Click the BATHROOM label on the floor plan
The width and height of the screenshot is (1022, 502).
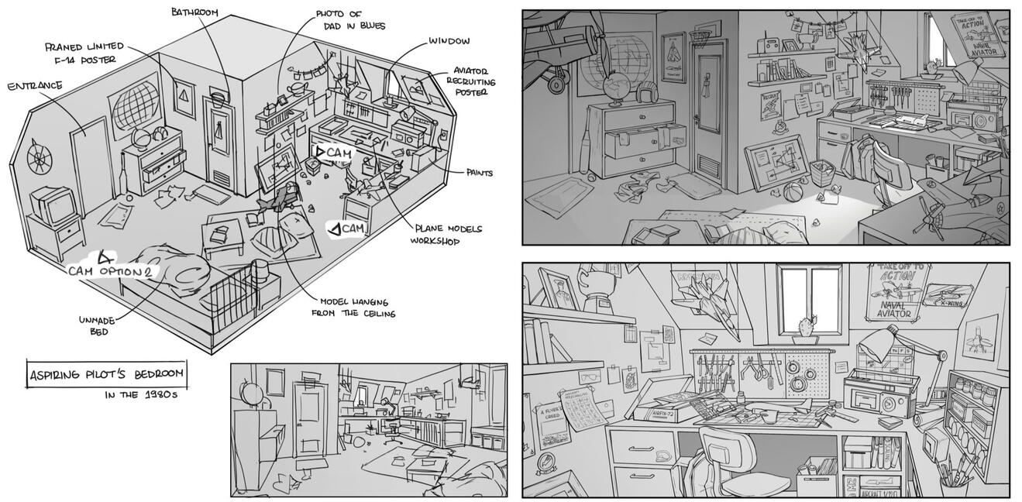[x=194, y=12]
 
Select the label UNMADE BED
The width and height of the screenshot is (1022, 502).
[x=98, y=325]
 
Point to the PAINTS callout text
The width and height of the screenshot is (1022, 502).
[x=480, y=172]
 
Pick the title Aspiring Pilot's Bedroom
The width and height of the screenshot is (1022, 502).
[x=106, y=373]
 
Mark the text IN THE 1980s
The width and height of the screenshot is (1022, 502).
[x=143, y=394]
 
